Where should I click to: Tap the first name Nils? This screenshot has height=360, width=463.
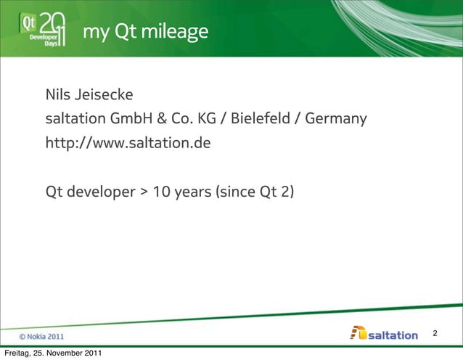[x=60, y=96]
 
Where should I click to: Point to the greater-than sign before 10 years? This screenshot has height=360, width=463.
[x=144, y=194]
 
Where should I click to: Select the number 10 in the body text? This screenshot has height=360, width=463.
[x=161, y=194]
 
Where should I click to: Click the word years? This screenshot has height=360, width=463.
[x=190, y=194]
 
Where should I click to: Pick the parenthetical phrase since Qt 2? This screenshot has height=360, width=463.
[x=253, y=194]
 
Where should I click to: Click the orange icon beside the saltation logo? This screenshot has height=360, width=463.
[x=358, y=333]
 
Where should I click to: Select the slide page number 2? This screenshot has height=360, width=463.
[x=435, y=333]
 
